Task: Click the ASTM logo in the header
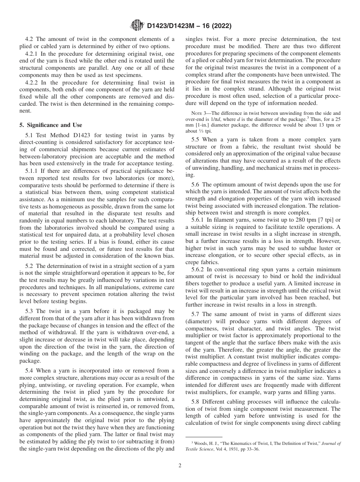136,26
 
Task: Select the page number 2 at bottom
180,466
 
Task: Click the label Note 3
199,113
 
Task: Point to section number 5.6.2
199,270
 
